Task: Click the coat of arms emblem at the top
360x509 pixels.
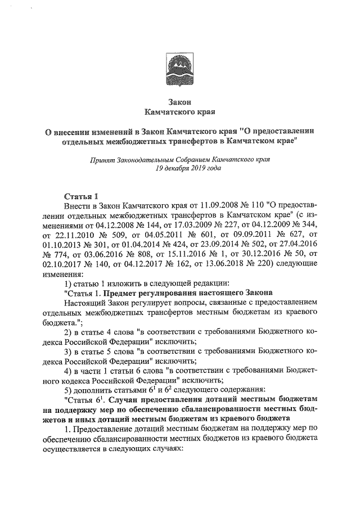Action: (180, 71)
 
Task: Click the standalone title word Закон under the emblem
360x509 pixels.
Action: (180, 102)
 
